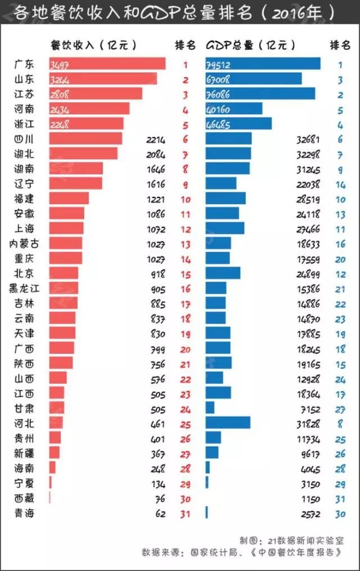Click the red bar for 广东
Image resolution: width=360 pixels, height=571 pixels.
(x=107, y=64)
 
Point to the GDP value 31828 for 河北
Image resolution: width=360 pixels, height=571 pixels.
(x=308, y=422)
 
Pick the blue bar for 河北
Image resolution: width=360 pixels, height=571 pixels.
(x=228, y=422)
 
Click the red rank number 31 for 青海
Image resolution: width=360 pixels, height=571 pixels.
(x=186, y=513)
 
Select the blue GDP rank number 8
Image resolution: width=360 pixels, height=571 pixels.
(x=340, y=422)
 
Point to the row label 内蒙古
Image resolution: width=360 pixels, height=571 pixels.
(x=24, y=244)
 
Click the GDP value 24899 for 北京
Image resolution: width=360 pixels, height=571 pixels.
(x=308, y=273)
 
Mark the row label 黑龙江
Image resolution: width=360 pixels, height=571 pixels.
(x=23, y=289)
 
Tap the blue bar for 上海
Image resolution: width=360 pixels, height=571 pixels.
(x=225, y=228)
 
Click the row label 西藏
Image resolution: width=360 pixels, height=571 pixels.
(x=24, y=498)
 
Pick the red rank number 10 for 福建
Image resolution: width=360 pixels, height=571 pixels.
(x=186, y=199)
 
